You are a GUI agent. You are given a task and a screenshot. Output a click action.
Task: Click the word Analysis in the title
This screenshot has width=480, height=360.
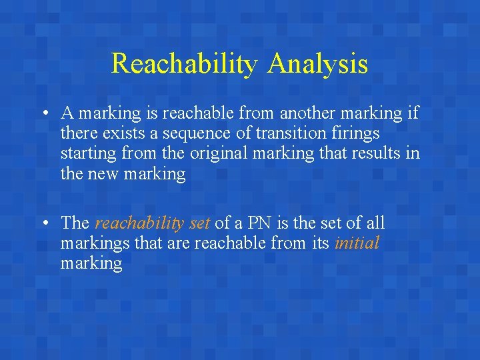tap(318, 64)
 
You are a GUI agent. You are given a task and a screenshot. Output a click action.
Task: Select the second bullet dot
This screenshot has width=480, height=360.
tap(42, 223)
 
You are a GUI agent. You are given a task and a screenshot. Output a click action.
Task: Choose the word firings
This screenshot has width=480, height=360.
tap(355, 133)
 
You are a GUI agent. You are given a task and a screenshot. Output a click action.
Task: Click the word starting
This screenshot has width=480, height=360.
tap(90, 153)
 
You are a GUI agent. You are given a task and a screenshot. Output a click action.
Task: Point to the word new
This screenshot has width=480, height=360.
tap(101, 173)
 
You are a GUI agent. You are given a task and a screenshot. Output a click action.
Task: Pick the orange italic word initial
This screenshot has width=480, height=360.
tap(357, 243)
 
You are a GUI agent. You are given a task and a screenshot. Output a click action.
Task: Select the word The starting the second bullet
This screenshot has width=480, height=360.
tap(75, 223)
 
